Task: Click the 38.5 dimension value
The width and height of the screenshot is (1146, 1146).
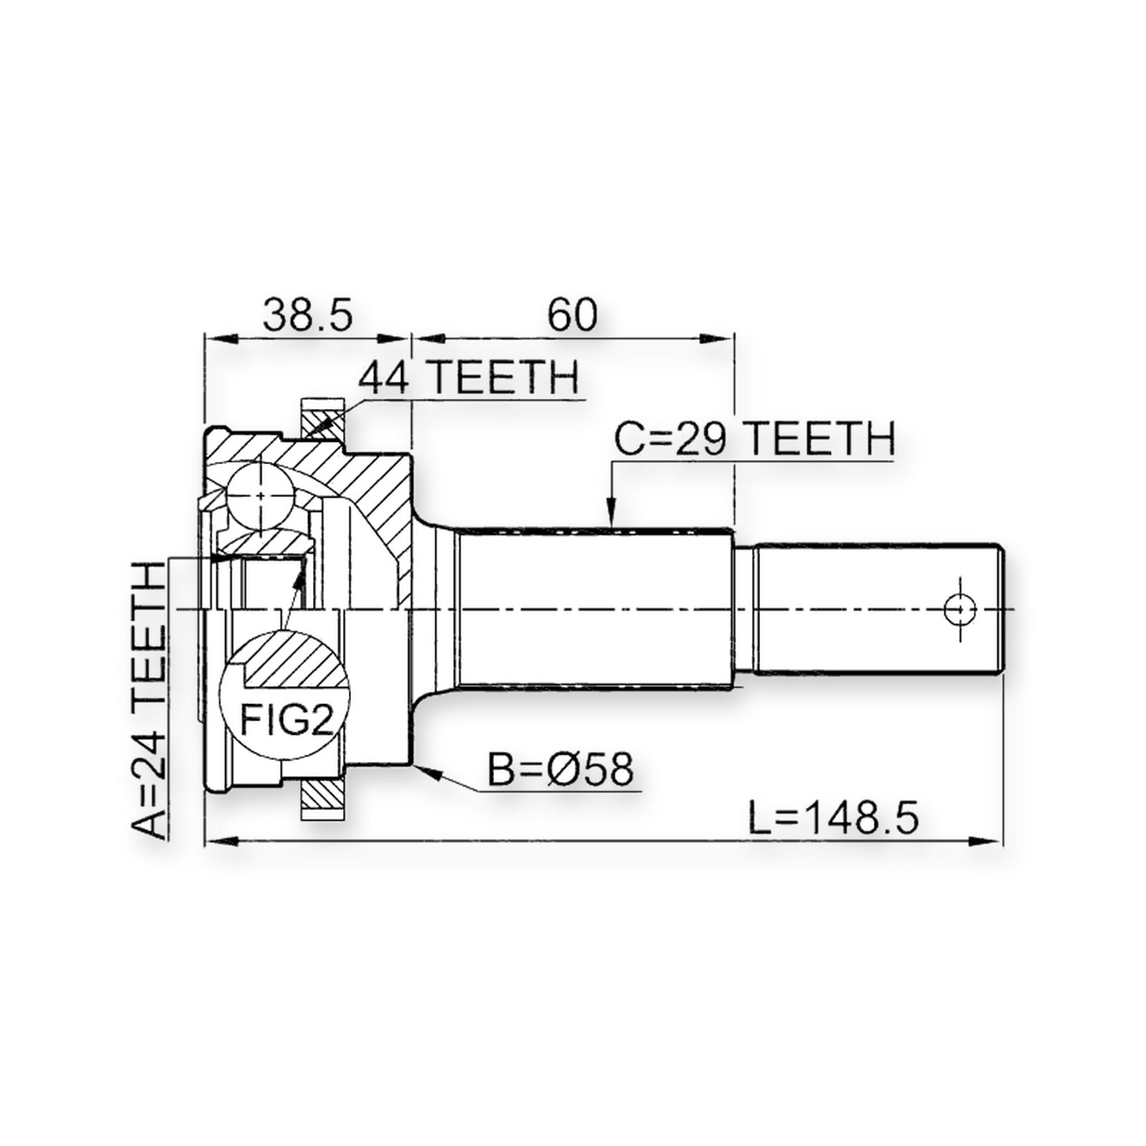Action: point(308,314)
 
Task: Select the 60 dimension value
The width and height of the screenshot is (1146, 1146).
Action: point(572,314)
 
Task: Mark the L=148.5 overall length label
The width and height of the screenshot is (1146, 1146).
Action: point(833,817)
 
